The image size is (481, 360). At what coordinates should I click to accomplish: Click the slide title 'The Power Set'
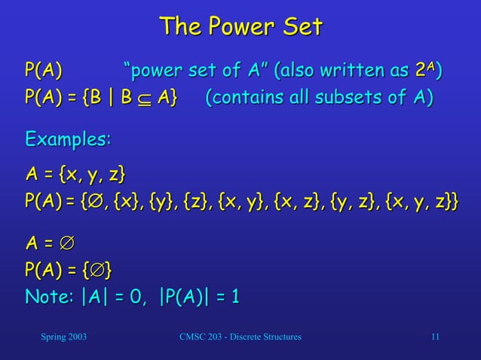click(240, 27)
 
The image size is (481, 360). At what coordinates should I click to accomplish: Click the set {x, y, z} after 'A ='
click(93, 175)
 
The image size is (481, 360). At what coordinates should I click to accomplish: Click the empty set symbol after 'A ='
click(66, 243)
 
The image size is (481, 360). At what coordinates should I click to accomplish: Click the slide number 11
click(434, 337)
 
